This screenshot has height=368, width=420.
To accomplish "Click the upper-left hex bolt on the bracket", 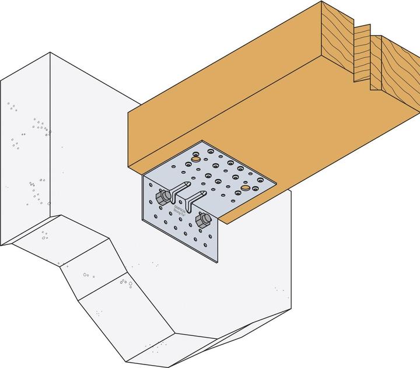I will (160, 194).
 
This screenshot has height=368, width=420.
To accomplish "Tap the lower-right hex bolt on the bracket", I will (202, 220).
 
